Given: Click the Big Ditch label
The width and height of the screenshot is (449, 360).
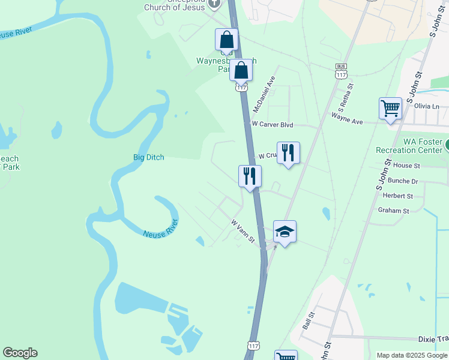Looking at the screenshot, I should coord(148,157).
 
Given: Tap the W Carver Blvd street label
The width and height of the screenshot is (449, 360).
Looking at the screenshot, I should coord(272,124).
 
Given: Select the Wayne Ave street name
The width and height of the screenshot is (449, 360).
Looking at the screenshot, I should coord(348,121).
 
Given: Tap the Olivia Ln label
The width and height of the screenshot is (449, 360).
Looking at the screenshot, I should coord(427,106).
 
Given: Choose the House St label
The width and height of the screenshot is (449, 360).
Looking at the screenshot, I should coord(406,166).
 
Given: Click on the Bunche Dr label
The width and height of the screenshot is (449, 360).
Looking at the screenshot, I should coord(403,181).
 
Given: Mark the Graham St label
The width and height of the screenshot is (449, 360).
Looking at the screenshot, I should coord(393,211).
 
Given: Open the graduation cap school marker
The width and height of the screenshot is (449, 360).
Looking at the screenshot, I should coord(285,232).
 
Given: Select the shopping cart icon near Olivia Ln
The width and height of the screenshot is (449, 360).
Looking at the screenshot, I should coord(390,109).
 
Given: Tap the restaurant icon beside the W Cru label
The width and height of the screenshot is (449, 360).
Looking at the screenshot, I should coord(288,153).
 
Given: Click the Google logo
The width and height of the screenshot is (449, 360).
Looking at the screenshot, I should coord(20,353).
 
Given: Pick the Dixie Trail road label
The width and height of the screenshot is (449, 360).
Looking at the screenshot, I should coord(434,339).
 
